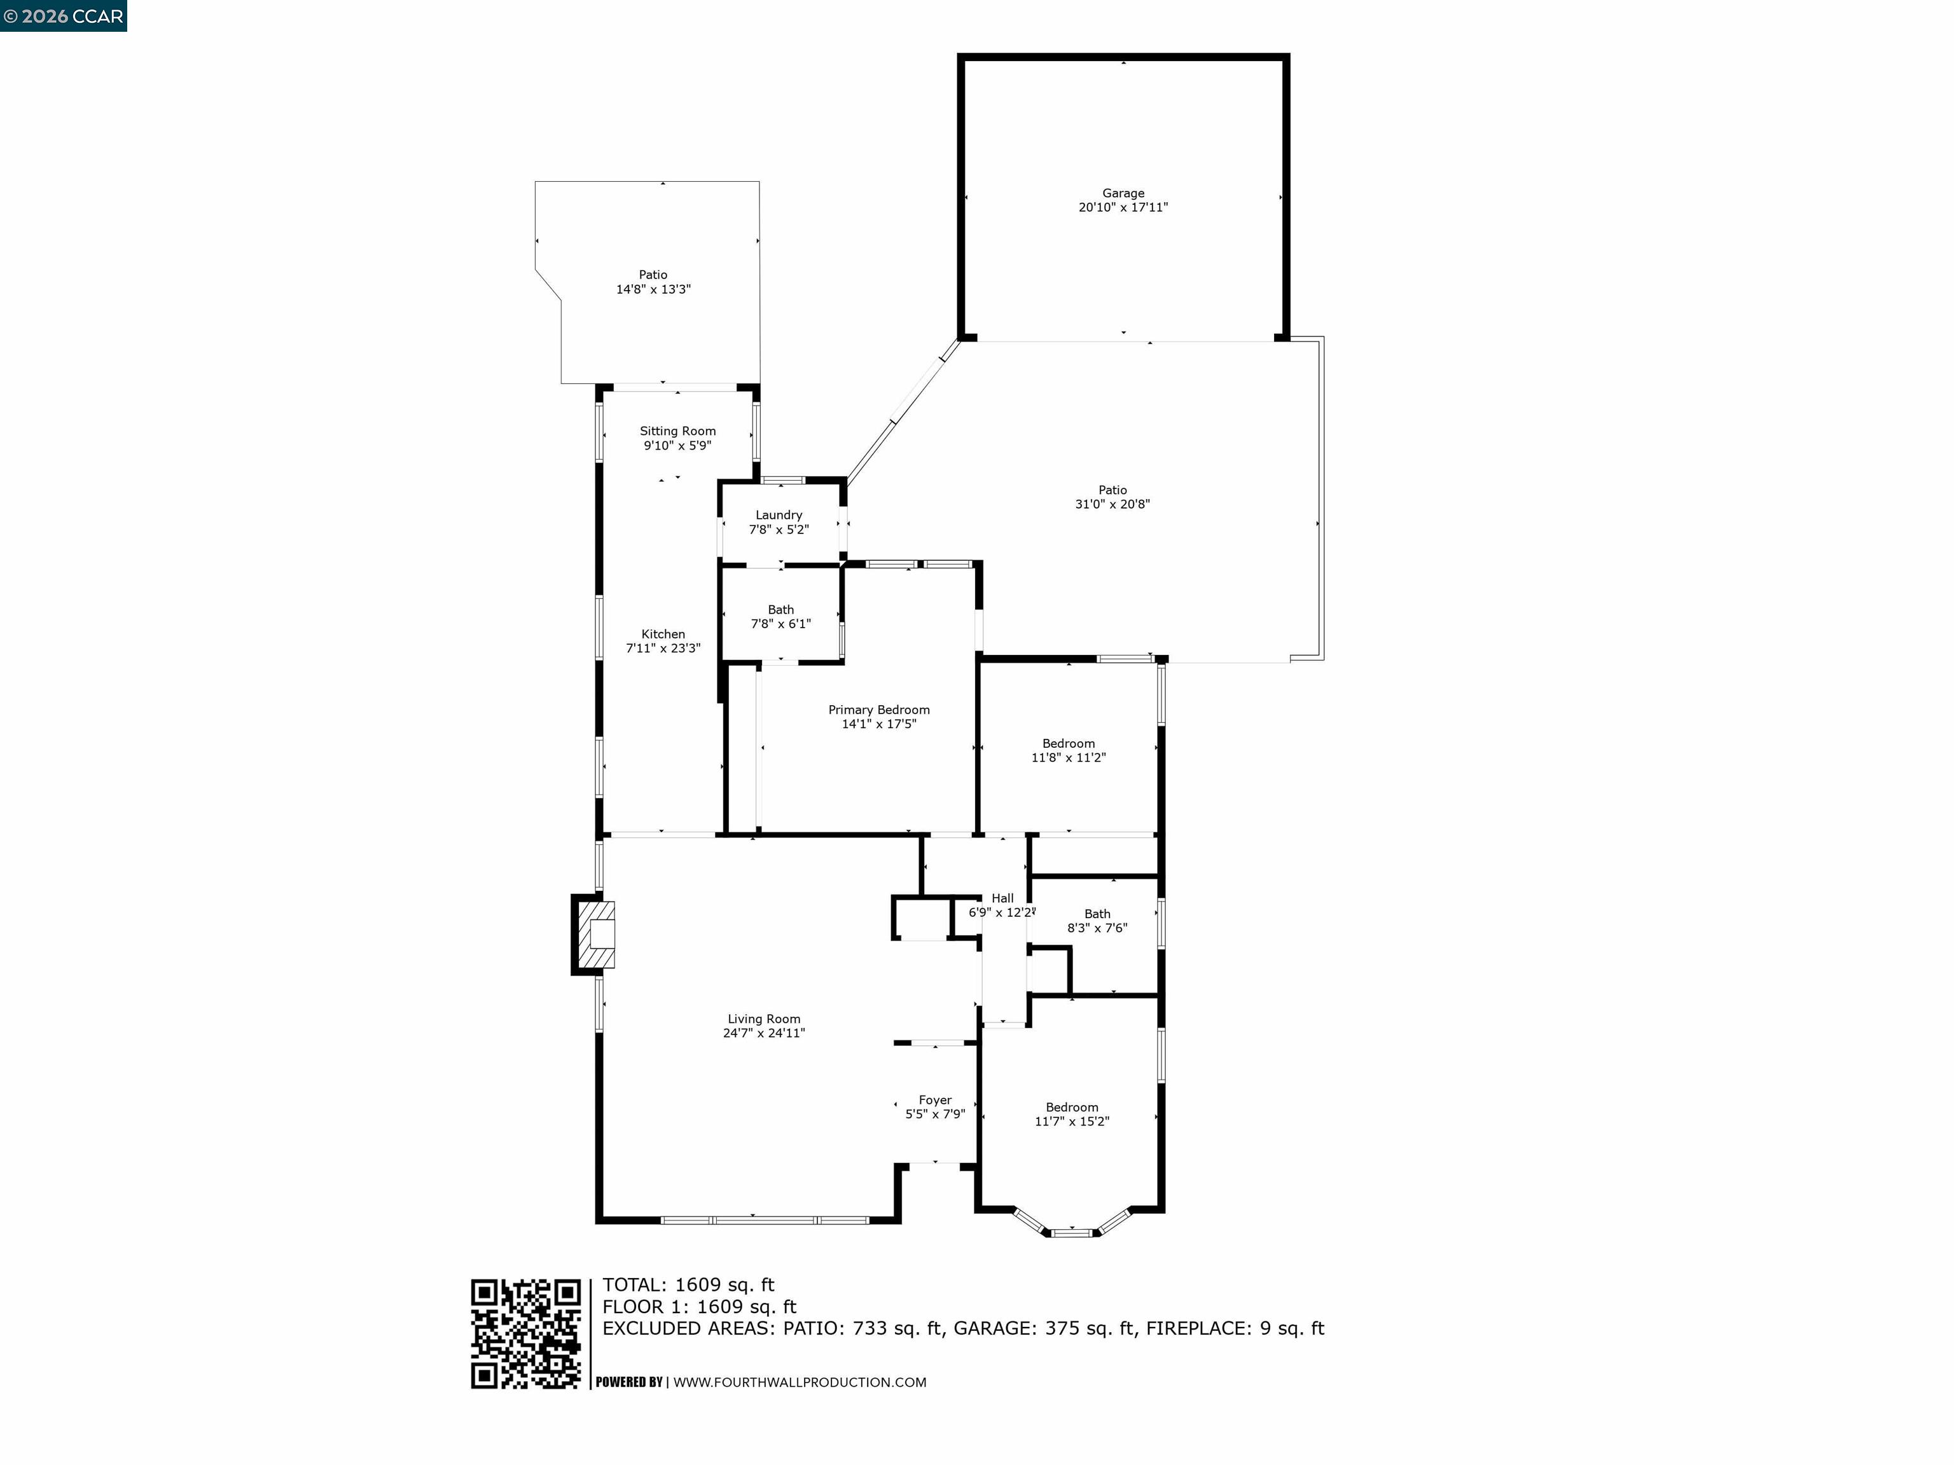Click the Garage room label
[x=1123, y=193]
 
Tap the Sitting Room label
[x=677, y=431]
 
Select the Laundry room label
[x=779, y=515]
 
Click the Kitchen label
[x=663, y=634]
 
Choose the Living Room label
[x=763, y=1019]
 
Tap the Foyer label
[x=934, y=1100]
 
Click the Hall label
[x=1002, y=898]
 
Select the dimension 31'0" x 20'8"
[x=1112, y=504]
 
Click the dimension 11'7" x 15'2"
[x=1072, y=1122]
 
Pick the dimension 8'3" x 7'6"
[x=1097, y=928]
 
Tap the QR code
[x=525, y=1334]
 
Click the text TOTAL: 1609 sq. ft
[x=688, y=1285]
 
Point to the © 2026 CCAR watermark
[x=63, y=16]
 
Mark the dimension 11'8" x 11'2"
[x=1068, y=758]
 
